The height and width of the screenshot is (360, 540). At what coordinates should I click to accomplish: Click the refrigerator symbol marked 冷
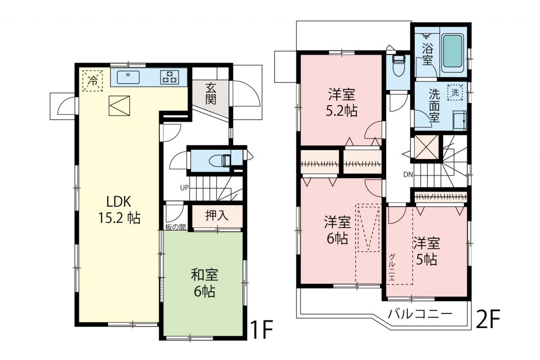pos(92,81)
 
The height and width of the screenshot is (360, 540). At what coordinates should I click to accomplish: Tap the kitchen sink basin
pos(128,77)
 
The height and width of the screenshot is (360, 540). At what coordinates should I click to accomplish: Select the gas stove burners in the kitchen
pos(170,77)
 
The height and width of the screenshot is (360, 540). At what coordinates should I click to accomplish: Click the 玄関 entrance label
pos(211,94)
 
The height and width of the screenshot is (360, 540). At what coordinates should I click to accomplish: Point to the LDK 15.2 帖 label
pos(119,210)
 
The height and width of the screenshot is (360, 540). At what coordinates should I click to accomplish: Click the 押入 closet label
pos(217,215)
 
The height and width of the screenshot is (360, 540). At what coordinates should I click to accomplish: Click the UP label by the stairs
pos(184,187)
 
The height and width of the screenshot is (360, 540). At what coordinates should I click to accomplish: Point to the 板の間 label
pos(175,227)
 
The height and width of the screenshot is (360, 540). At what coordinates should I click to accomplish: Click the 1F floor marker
pos(261,329)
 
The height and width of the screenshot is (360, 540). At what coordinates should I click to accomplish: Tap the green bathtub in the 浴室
pos(453,51)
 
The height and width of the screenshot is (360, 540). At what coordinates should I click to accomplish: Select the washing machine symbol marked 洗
pos(455,92)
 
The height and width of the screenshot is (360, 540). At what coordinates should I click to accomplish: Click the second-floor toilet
pos(398,65)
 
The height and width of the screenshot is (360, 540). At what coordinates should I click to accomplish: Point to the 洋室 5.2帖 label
pos(342,103)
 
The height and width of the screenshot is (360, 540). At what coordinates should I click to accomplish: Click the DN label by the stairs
pos(408,175)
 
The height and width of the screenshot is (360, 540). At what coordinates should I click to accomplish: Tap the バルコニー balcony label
pos(420,314)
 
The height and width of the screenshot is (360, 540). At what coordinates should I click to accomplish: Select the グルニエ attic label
pos(392,267)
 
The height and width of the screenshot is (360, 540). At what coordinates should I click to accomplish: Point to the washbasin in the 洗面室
pos(459,121)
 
